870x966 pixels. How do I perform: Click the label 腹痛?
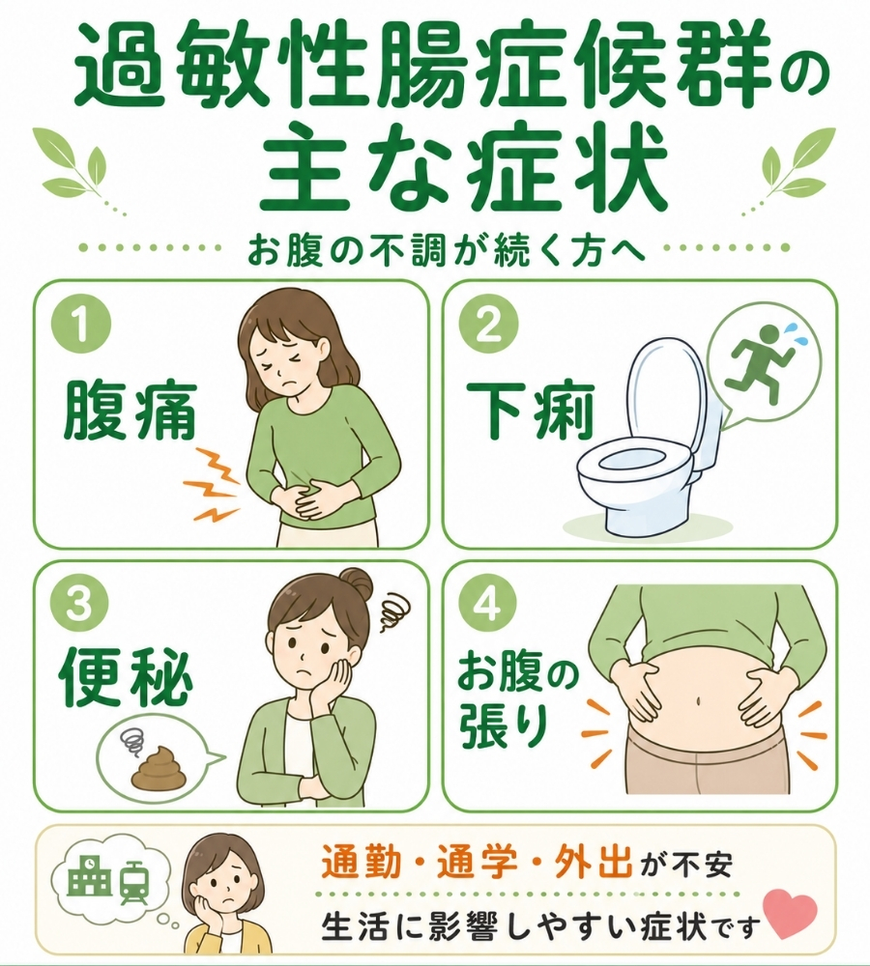click(x=130, y=410)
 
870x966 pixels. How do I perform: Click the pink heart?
click(x=790, y=914)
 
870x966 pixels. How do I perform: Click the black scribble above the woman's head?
click(x=392, y=611)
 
